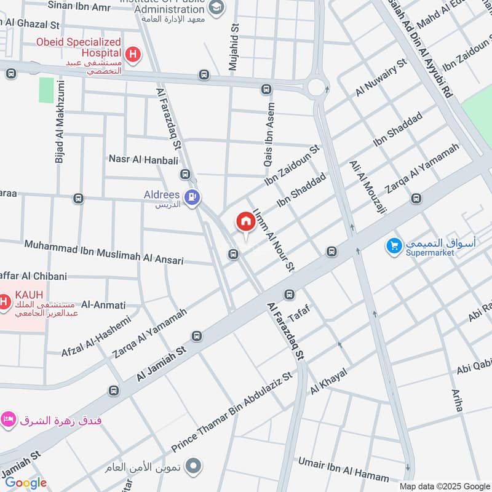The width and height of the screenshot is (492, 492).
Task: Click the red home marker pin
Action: pyautogui.click(x=245, y=222)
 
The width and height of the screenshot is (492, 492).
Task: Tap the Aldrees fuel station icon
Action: pyautogui.click(x=193, y=198)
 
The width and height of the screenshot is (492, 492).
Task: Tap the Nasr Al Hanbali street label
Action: pyautogui.click(x=143, y=159)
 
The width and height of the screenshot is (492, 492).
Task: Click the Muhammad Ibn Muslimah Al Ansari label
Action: pyautogui.click(x=104, y=252)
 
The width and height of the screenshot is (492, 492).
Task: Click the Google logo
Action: pyautogui.click(x=26, y=483)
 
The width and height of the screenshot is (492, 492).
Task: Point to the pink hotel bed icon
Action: pyautogui.click(x=8, y=420)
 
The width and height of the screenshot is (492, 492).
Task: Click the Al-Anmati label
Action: pyautogui.click(x=103, y=304)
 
